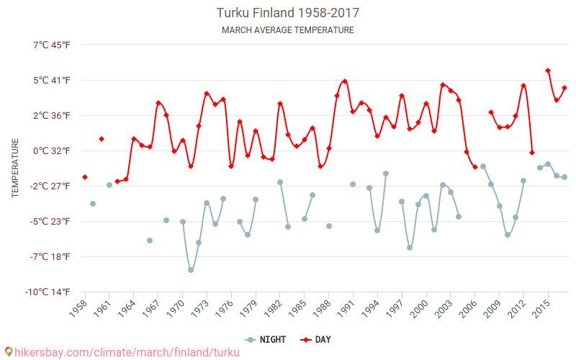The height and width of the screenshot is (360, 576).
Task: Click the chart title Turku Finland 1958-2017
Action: [x=288, y=13]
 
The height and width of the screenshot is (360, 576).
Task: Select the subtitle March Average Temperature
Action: [x=288, y=30]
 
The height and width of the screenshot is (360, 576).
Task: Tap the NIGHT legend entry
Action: [x=266, y=339]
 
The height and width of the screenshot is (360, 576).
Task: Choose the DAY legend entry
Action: [x=316, y=339]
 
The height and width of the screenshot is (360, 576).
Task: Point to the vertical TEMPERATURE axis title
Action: [x=15, y=168]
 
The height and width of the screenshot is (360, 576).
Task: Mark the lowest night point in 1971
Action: [x=191, y=270]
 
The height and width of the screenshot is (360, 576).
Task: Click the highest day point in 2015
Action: [x=548, y=71]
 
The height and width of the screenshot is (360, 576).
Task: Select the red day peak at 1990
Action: [x=345, y=81]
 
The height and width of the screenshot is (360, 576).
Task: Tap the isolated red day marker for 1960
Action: [x=102, y=139]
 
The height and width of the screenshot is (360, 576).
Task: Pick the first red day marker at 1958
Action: [x=85, y=177]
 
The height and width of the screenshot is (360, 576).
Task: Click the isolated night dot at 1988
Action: [x=329, y=226]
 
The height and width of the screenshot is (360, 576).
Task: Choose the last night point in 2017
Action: [x=564, y=177]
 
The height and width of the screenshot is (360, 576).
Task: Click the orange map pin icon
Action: [x=9, y=351]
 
